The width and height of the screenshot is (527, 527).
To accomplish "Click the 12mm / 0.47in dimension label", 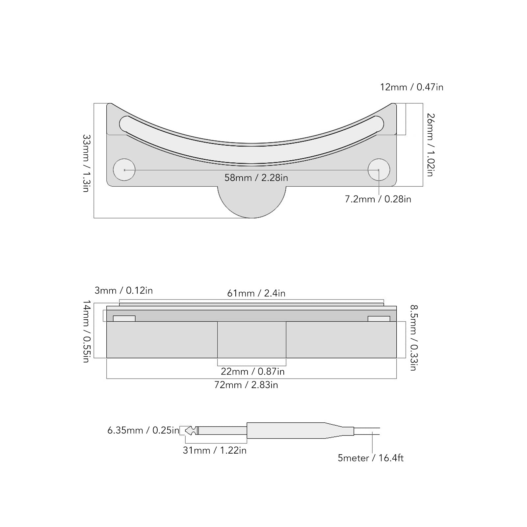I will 411,87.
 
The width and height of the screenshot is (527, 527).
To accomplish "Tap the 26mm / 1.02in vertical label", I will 431,145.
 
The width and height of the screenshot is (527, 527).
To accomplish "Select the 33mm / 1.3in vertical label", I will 86,163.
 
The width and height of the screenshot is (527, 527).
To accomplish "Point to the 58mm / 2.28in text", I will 256,178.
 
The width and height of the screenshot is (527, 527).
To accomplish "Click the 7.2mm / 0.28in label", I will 378,199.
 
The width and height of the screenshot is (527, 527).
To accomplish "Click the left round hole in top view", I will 124,170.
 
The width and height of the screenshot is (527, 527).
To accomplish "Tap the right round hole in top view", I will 379,170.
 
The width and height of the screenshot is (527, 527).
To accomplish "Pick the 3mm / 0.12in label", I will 123,291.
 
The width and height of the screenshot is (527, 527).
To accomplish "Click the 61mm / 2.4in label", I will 256,293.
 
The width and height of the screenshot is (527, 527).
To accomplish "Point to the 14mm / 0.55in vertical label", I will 86,331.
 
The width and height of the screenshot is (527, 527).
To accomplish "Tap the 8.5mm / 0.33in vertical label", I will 414,337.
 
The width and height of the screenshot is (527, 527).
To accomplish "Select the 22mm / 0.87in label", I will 252,372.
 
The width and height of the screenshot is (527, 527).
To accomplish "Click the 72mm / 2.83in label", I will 246,385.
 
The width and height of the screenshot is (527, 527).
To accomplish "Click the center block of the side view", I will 251,339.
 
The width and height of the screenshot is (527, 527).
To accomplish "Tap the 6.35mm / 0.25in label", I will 143,431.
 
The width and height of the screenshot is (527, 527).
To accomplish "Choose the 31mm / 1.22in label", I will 215,450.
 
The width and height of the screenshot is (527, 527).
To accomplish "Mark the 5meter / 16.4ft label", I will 370,458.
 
